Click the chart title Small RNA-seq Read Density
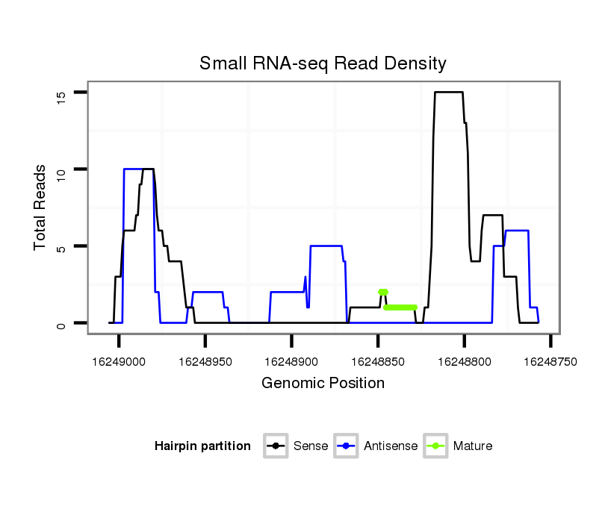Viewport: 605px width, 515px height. pos(323,63)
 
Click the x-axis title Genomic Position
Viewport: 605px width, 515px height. pos(323,384)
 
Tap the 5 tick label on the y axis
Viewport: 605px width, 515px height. pos(62,246)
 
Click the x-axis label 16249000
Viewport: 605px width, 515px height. pos(119,360)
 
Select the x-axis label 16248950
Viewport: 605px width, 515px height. pos(205,360)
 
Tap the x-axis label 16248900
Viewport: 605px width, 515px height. pos(291,360)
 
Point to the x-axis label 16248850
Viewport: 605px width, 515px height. pos(377,360)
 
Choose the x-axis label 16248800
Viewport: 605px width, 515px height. pos(464,360)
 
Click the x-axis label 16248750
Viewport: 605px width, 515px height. pos(550,360)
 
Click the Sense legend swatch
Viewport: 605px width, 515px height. pos(276,446)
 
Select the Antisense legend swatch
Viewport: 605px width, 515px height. pos(346,446)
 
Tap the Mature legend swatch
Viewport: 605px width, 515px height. pos(435,446)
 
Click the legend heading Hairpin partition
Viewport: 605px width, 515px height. pos(202,446)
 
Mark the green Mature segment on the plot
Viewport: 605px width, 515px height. pos(400,307)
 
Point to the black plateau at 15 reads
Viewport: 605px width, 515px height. pos(449,92)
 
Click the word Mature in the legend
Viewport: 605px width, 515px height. pos(473,446)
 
